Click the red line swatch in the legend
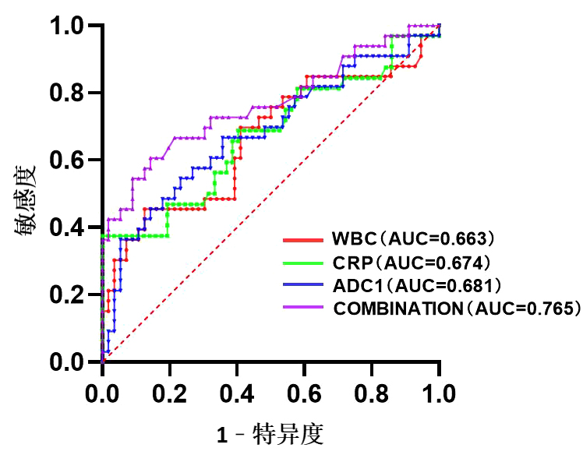point(302,238)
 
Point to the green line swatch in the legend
point(302,261)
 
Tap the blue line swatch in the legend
point(302,284)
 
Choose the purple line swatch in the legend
point(302,308)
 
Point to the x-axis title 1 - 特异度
point(270,433)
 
